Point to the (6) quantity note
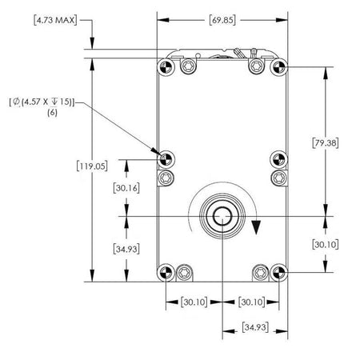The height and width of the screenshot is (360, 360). (53, 114)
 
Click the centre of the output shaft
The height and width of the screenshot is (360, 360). (221, 216)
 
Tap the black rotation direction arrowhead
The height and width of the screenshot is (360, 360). (256, 227)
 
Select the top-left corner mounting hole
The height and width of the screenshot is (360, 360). (166, 66)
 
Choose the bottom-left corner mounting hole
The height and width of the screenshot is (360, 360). (166, 273)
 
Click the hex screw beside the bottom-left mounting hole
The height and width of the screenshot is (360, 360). (186, 273)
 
